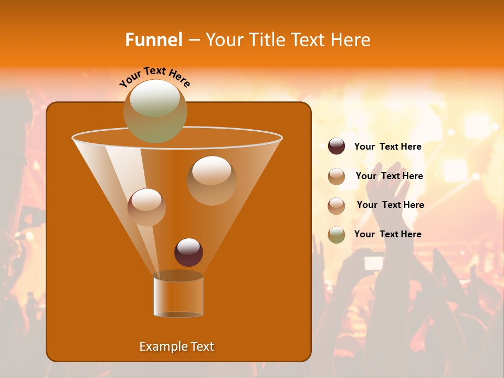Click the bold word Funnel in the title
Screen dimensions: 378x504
pyautogui.click(x=153, y=40)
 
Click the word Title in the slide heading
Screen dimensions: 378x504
pyautogui.click(x=267, y=40)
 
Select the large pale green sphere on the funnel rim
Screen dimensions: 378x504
pyautogui.click(x=155, y=111)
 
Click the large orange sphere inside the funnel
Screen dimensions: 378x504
pyautogui.click(x=212, y=180)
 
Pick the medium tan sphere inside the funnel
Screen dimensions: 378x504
pyautogui.click(x=146, y=207)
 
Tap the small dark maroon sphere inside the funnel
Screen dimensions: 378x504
pyautogui.click(x=188, y=252)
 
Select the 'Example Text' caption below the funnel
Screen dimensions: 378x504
pyautogui.click(x=176, y=346)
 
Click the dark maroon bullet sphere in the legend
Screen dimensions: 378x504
pyautogui.click(x=337, y=146)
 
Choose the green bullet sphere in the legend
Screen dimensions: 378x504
pyautogui.click(x=337, y=235)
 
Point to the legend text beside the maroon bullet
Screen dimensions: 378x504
pyautogui.click(x=387, y=147)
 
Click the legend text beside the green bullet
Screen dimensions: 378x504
pyautogui.click(x=387, y=234)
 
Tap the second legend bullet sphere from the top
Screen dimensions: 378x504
pyautogui.click(x=337, y=176)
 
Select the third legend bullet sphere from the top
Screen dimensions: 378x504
pyautogui.click(x=337, y=205)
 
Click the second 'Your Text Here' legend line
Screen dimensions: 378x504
pyautogui.click(x=389, y=176)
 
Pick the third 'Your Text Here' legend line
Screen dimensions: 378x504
pyautogui.click(x=390, y=205)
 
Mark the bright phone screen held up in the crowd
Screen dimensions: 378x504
pyautogui.click(x=373, y=262)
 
